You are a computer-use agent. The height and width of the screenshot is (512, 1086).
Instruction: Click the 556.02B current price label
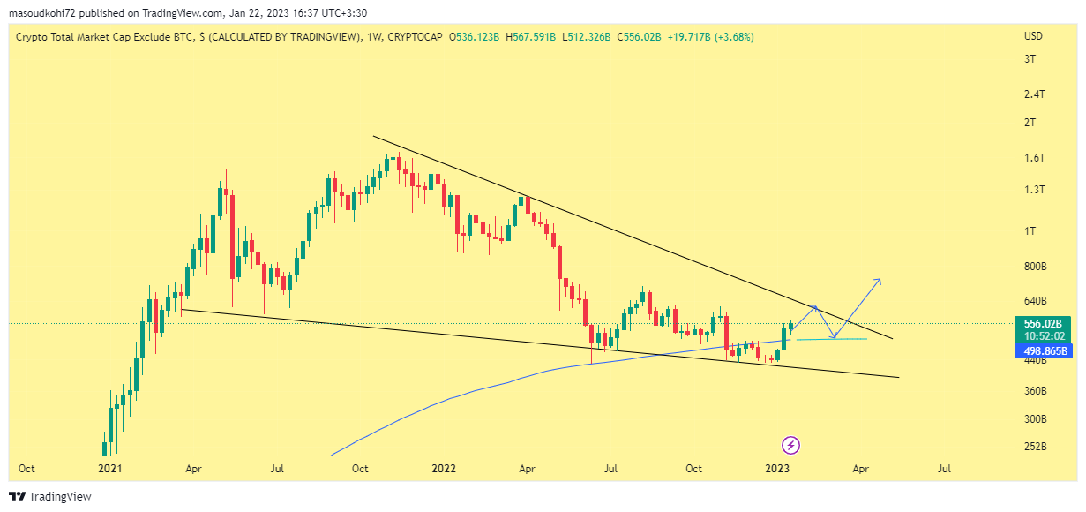point(1042,324)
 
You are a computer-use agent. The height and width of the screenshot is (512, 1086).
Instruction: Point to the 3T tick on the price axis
point(1030,59)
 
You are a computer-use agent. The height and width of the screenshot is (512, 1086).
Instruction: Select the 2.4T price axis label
point(1034,94)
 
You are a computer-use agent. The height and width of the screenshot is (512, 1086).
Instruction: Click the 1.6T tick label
point(1034,158)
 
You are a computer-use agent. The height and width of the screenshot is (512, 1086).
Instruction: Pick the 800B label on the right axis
point(1035,266)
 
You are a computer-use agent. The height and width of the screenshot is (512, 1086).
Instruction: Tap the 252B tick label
point(1035,447)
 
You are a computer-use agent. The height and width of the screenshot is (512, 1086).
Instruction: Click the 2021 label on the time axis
point(109,468)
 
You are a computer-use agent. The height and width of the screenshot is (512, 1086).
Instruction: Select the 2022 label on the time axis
point(443,468)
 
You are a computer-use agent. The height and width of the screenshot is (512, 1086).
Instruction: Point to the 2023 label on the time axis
point(777,468)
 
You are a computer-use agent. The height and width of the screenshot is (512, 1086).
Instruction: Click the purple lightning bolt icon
point(791,445)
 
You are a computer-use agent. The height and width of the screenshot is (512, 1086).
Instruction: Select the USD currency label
point(1033,36)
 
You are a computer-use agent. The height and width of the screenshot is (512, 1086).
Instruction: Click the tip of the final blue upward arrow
point(880,280)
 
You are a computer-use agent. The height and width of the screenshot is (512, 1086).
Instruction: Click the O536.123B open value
point(475,36)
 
